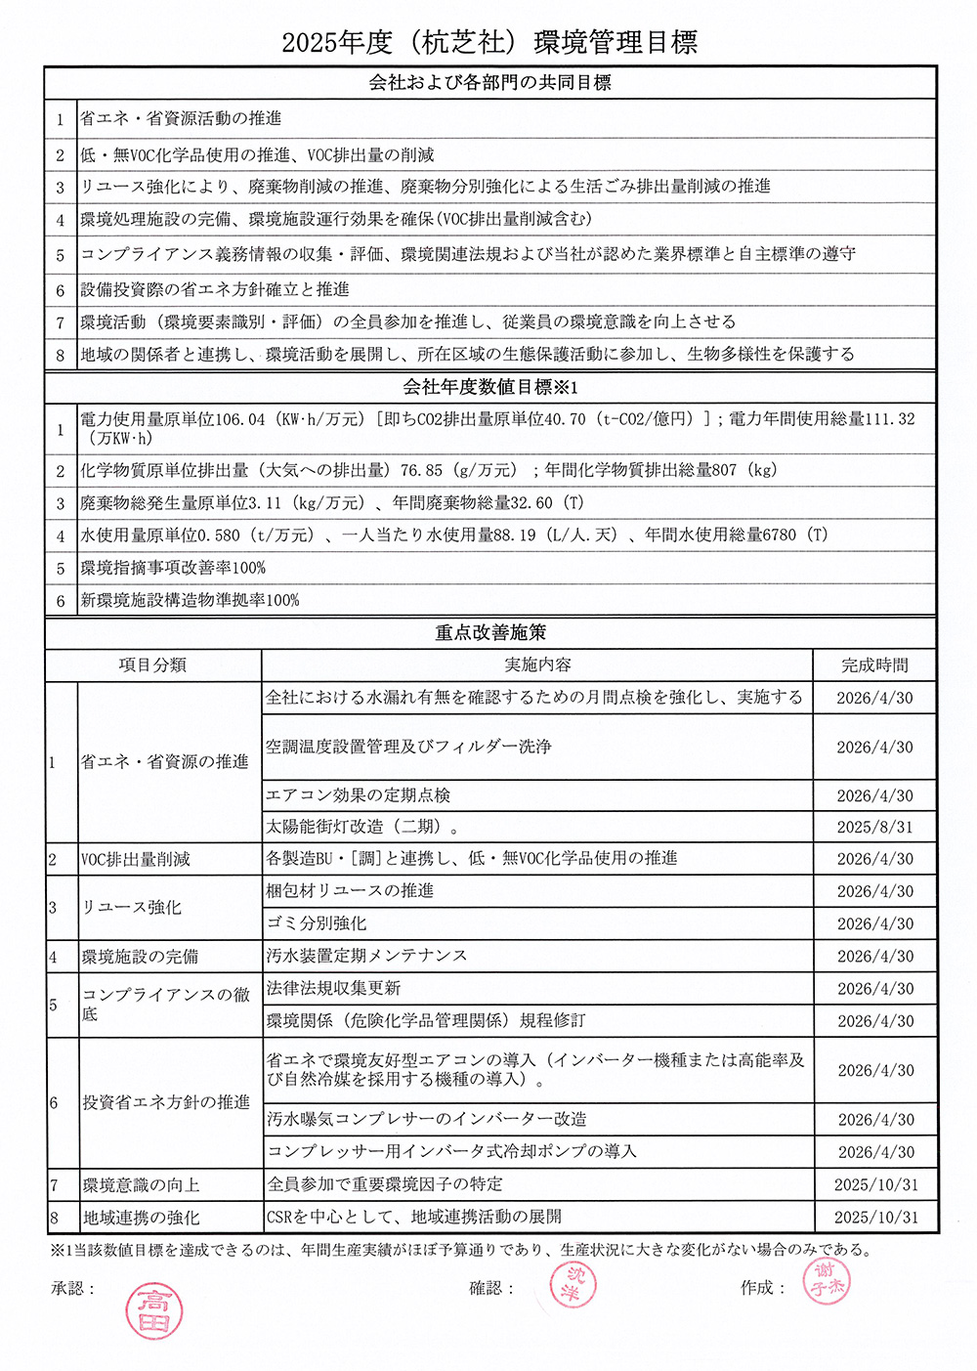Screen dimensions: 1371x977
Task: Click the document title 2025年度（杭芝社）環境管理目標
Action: click(488, 42)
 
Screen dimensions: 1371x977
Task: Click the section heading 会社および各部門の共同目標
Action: click(489, 83)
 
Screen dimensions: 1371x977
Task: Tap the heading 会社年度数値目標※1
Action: click(489, 387)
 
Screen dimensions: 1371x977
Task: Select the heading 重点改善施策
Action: click(489, 632)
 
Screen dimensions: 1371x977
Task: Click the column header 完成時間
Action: click(874, 665)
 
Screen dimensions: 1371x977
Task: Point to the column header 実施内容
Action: click(537, 665)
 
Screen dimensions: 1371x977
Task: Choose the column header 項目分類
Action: click(152, 665)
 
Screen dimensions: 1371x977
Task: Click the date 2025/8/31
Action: click(874, 827)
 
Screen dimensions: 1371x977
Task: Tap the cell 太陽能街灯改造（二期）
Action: click(361, 827)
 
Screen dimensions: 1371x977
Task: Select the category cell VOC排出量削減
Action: click(135, 860)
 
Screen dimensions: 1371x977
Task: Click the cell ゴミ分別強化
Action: click(317, 923)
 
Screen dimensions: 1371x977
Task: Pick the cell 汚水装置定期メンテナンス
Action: click(366, 956)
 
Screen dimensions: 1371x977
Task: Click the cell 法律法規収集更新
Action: click(333, 988)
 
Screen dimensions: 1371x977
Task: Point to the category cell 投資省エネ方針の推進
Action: click(166, 1102)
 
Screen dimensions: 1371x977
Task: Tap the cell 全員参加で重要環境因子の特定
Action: click(385, 1184)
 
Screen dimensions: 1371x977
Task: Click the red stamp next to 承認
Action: click(154, 1310)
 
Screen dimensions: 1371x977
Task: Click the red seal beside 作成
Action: click(826, 1282)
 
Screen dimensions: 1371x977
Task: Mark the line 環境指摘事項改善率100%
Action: click(173, 568)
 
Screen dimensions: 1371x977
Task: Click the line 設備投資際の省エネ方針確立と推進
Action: click(215, 289)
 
